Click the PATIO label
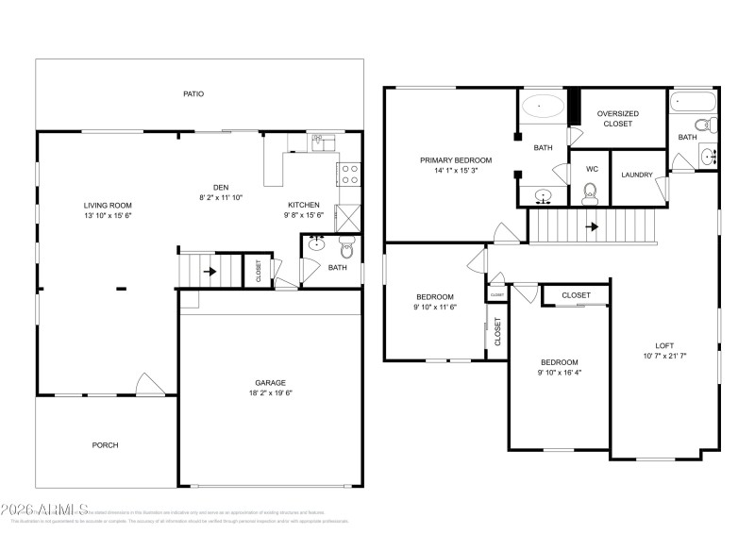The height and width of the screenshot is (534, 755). (x=193, y=93)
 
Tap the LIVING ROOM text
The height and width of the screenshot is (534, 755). (x=108, y=205)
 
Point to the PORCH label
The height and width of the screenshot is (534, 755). (x=105, y=445)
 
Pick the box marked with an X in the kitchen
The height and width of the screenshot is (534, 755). (x=347, y=218)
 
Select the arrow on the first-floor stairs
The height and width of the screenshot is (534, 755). (x=210, y=272)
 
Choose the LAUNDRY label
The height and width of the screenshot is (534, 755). (x=637, y=175)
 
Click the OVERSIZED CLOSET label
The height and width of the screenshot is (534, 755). (x=618, y=118)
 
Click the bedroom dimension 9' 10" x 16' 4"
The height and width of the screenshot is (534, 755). (x=560, y=373)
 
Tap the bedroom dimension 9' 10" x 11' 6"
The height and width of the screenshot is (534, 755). (x=434, y=307)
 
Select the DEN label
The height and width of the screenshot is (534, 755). (x=222, y=187)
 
